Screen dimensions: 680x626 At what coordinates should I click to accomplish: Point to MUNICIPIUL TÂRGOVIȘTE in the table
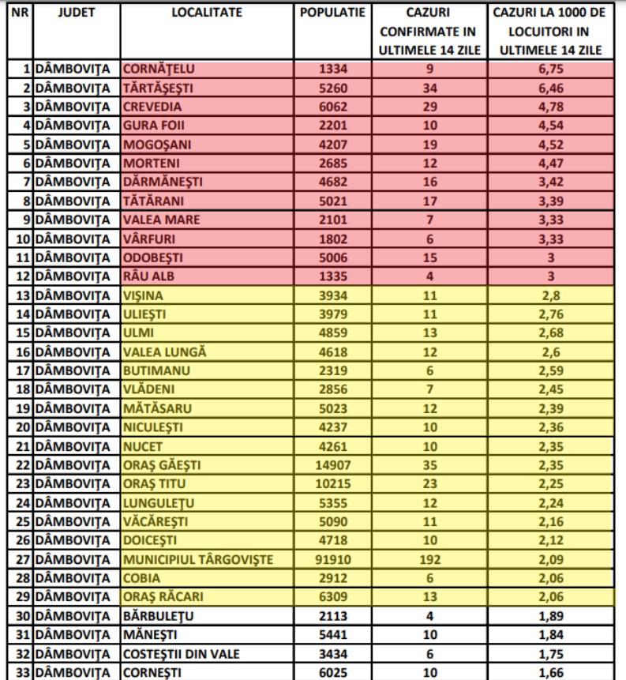198,560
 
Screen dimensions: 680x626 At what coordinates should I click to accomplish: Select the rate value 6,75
551,69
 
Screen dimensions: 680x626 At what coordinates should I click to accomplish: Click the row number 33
21,673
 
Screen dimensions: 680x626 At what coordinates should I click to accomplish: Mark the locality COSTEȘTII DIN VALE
180,654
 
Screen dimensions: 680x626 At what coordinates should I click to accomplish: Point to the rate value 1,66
551,673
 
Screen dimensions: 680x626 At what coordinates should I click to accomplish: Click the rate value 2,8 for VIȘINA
551,296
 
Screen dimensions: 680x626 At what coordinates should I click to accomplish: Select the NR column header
21,13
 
